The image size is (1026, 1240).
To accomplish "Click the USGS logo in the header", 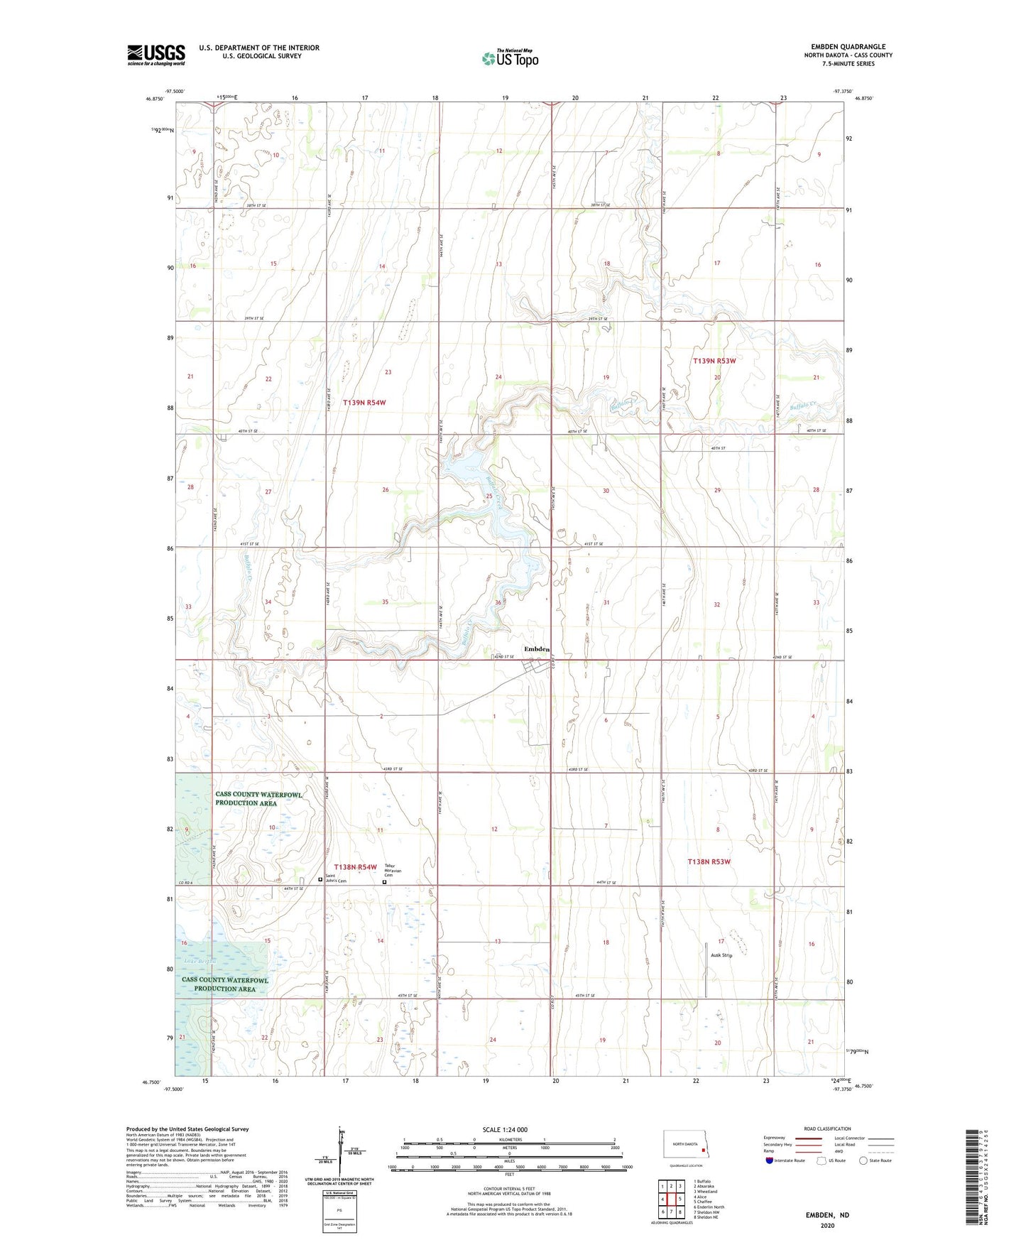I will (155, 55).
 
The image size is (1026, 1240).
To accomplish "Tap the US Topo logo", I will (509, 58).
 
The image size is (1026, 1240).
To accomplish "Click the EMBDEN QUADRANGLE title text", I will (848, 46).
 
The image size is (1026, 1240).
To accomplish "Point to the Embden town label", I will (536, 649).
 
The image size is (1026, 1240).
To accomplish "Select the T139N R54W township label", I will (364, 403).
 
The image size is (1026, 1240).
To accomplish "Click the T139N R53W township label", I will (714, 361).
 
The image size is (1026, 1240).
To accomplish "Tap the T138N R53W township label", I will (709, 861).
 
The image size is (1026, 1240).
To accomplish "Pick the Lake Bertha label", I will (200, 961).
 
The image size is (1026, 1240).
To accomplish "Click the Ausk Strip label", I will (721, 955).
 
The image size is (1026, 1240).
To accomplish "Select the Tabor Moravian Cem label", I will (393, 869).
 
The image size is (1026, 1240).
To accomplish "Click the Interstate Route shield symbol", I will (770, 1160).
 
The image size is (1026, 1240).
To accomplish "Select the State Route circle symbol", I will (863, 1160).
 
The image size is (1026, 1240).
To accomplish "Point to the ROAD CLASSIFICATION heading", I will (827, 1128).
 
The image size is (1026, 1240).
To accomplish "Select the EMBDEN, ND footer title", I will (827, 1215).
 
